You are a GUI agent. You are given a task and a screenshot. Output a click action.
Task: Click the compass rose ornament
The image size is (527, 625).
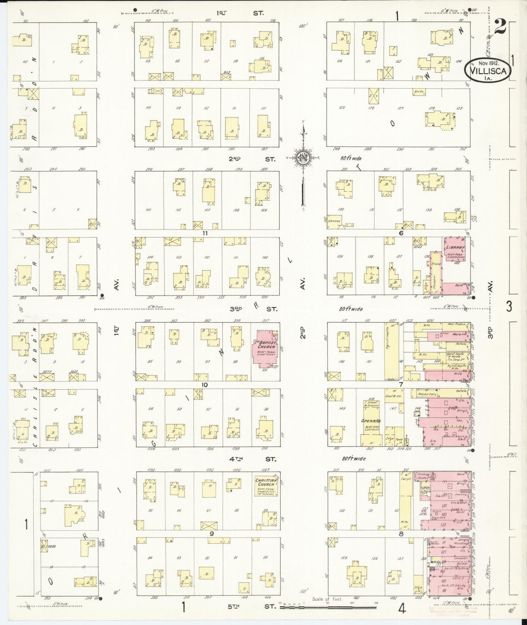click(x=303, y=157)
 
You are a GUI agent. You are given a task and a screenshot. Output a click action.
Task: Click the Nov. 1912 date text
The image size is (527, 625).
click(x=488, y=63)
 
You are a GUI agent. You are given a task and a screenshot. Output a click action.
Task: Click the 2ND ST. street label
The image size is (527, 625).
click(x=252, y=159)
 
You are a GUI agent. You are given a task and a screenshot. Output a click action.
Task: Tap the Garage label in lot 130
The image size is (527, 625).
click(x=334, y=221)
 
